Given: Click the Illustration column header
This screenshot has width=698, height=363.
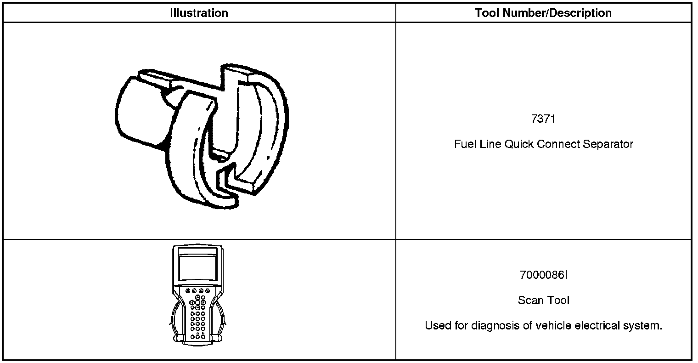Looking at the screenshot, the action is point(199,13).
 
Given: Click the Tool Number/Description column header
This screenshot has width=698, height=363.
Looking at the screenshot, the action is point(543,13).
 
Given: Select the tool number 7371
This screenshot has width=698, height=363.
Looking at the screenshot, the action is point(543,119).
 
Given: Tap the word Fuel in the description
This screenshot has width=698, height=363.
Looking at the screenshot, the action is point(464,144).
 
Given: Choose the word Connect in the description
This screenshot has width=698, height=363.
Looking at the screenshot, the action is point(558,144).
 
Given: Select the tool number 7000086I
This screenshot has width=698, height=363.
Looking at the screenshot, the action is point(543,275).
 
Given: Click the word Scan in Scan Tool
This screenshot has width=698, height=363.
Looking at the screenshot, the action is point(529,301).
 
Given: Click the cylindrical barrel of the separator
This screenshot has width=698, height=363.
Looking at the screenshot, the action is point(138,110).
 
